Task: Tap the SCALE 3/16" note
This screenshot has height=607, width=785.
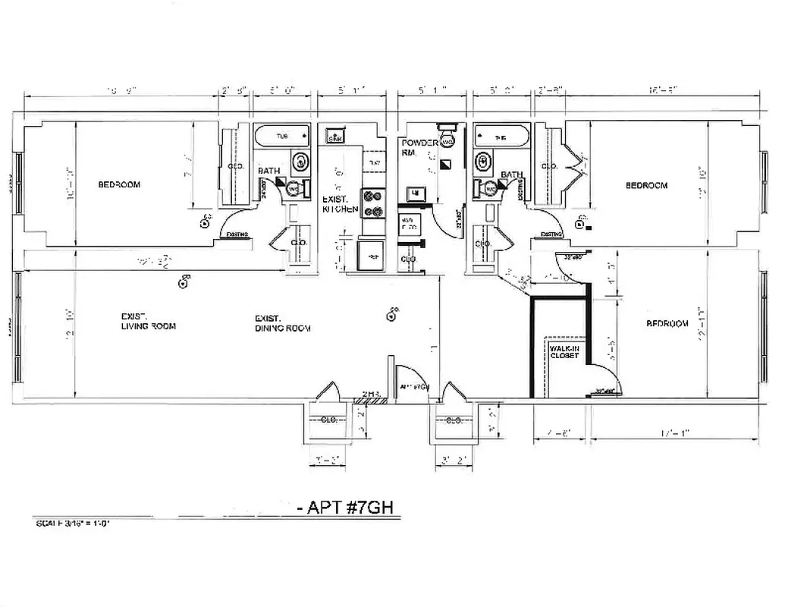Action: pos(73,524)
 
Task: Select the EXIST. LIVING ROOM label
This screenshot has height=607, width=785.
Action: pos(148,322)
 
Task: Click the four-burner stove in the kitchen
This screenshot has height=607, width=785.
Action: pos(372,203)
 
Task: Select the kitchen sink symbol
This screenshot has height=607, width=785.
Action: pos(336,137)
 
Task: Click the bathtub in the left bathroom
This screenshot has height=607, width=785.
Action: pos(281,137)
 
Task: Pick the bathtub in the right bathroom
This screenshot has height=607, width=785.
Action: pos(501,137)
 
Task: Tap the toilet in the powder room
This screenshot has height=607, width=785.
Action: pos(448,140)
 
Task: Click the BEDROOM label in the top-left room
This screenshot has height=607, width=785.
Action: pos(119,184)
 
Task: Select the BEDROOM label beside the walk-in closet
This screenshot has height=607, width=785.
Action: pos(667,323)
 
